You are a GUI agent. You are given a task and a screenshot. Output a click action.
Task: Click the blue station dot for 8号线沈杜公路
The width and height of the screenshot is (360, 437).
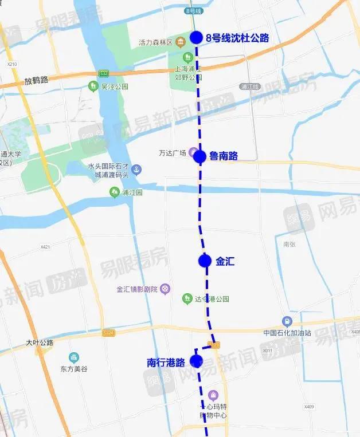(196, 38)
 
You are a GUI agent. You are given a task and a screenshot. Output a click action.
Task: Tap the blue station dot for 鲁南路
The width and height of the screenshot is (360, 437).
(199, 156)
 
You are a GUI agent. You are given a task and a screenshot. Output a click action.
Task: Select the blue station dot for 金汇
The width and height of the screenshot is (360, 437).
(205, 261)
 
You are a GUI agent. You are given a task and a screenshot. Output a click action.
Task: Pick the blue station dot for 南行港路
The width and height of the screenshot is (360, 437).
(196, 361)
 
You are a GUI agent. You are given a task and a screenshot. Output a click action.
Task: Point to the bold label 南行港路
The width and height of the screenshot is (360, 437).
(166, 362)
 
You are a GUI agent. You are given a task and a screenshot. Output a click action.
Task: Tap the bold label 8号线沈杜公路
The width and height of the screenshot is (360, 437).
(237, 38)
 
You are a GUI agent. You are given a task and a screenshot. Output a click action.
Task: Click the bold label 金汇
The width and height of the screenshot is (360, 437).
(225, 261)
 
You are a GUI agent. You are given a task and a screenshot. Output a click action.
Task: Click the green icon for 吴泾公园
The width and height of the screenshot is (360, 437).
(92, 86)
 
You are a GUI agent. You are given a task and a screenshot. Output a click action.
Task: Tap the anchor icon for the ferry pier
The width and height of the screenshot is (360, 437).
(136, 170)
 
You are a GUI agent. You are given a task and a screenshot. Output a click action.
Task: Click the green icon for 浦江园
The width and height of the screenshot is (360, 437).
(115, 192)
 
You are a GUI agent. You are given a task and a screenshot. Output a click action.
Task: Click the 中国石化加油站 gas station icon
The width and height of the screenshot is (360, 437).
(287, 321)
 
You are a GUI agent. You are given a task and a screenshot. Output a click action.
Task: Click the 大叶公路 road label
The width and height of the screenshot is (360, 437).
(40, 342)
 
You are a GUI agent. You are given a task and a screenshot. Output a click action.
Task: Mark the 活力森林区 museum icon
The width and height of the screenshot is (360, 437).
(181, 42)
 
